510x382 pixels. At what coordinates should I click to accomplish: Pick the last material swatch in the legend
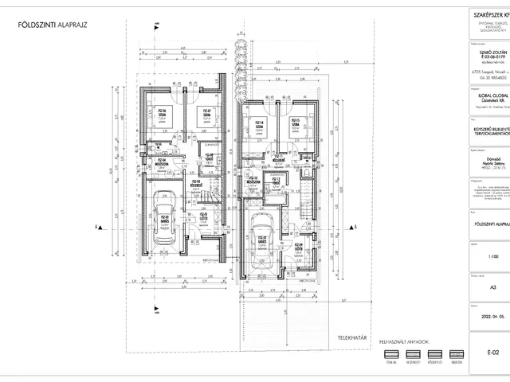[x=456, y=354]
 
